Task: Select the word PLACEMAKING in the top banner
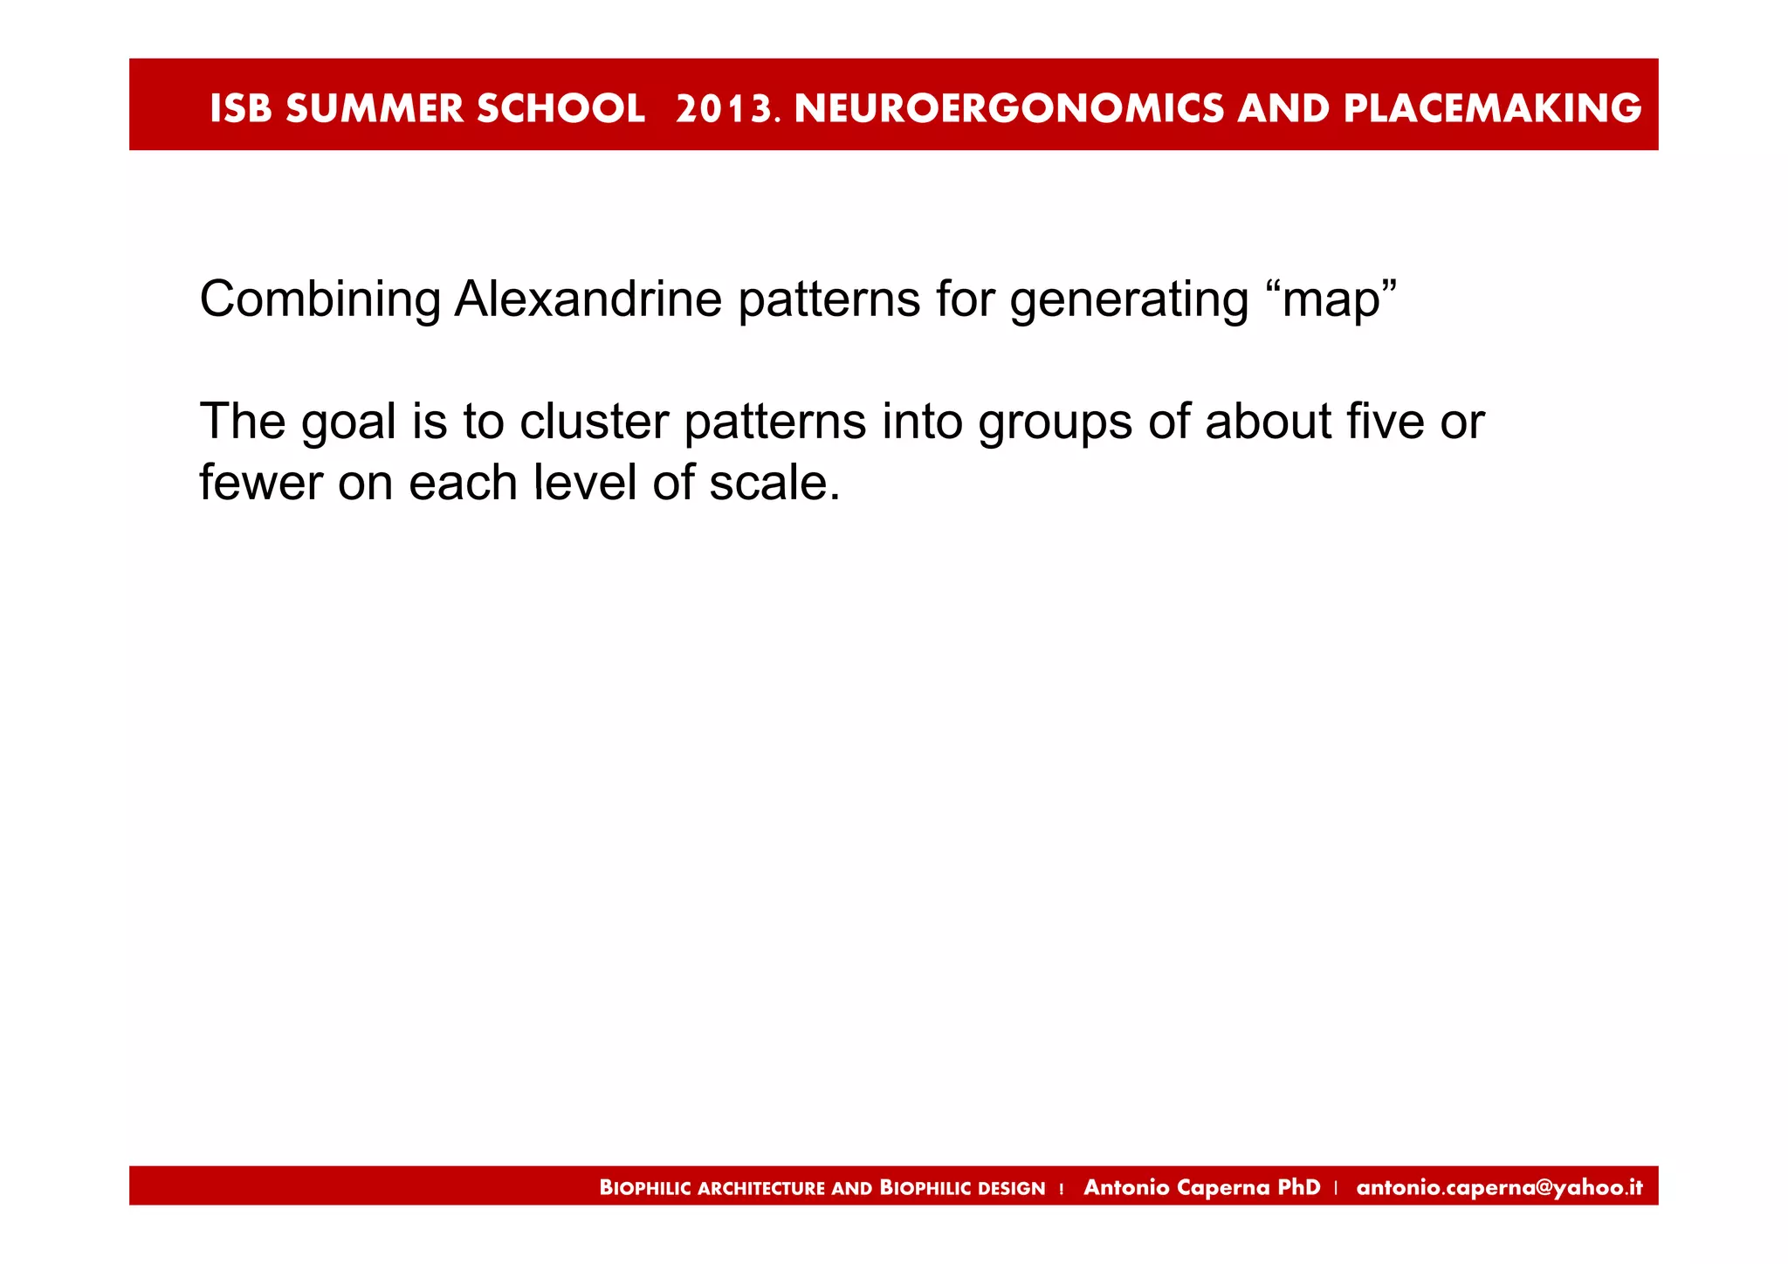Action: (1492, 108)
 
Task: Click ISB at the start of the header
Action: (240, 108)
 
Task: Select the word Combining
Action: (320, 299)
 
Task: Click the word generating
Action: (1129, 300)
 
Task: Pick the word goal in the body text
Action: (348, 422)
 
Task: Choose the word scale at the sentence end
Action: (772, 483)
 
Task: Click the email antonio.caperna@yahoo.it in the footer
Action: (1499, 1187)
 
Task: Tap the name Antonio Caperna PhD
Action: (1201, 1187)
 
